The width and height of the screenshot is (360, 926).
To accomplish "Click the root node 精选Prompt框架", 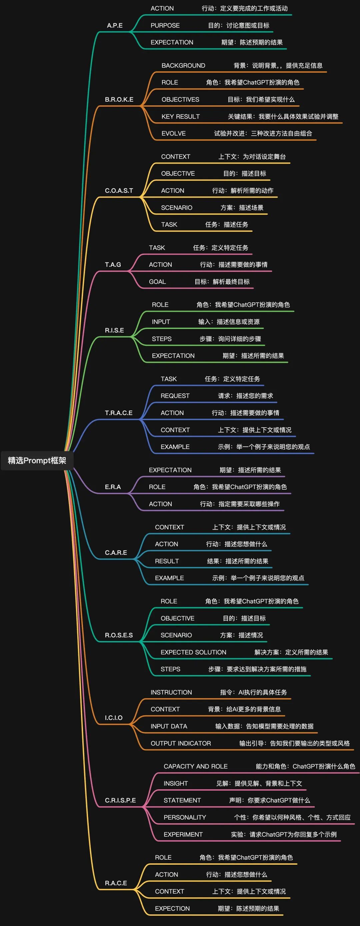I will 37,460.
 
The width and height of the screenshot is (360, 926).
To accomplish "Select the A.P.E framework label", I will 115,26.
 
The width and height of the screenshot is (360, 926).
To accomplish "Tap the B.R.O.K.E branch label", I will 119,100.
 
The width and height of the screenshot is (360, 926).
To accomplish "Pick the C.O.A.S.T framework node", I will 119,191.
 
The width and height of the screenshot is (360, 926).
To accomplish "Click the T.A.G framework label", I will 113,265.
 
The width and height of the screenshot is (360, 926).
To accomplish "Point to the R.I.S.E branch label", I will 114,330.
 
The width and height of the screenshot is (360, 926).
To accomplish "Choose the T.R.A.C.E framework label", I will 119,413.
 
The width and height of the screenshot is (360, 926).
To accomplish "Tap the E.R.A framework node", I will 113,487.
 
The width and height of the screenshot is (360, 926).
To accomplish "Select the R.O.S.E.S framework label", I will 119,635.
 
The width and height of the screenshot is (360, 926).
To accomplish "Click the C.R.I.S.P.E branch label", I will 120,800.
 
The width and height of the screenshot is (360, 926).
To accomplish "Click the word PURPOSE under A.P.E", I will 165,26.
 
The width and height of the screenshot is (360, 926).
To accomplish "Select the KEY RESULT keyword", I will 181,116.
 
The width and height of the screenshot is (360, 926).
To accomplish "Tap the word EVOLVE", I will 174,133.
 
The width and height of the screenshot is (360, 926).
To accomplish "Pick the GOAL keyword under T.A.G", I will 158,281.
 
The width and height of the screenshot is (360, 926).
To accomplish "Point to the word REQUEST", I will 175,396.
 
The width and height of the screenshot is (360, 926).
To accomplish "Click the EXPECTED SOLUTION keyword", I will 193,652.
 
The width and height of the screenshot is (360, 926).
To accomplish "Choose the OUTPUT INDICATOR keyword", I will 181,743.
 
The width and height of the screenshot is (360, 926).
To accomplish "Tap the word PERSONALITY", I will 185,817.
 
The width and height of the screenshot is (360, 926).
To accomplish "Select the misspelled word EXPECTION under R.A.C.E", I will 172,908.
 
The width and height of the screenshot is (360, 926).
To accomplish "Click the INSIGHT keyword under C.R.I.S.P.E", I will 176,783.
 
